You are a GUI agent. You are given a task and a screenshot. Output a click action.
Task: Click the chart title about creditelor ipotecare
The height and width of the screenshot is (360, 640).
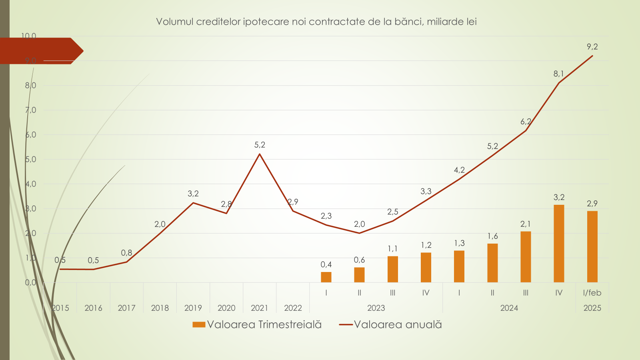click(x=316, y=22)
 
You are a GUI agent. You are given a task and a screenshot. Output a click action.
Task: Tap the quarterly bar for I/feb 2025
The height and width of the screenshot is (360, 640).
click(x=592, y=246)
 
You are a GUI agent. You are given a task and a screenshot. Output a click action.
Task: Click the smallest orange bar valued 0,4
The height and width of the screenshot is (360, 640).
click(x=326, y=277)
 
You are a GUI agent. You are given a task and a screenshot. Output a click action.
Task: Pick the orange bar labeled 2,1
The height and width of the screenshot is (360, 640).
click(x=526, y=257)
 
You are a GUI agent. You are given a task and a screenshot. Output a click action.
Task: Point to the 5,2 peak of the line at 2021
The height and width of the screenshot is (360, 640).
click(x=260, y=154)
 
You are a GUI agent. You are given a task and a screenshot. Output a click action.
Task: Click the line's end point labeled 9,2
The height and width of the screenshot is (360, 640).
click(x=592, y=56)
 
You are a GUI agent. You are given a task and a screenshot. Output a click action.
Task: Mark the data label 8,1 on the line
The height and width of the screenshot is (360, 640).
click(x=559, y=74)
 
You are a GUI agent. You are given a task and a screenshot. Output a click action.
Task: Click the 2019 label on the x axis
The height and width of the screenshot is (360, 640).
click(x=193, y=308)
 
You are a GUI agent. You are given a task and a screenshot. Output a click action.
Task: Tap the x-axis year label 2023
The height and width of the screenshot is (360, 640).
click(x=376, y=308)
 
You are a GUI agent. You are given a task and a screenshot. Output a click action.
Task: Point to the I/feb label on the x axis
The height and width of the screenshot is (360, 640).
click(x=592, y=293)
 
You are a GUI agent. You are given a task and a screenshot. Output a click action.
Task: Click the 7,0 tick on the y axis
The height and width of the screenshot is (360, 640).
click(x=31, y=110)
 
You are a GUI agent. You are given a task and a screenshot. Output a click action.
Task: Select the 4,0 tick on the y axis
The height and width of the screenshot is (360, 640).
click(x=31, y=184)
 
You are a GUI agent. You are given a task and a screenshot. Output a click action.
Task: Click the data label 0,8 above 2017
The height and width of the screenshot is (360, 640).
click(x=126, y=253)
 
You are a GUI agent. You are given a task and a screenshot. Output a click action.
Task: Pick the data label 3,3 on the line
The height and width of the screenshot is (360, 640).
click(x=426, y=191)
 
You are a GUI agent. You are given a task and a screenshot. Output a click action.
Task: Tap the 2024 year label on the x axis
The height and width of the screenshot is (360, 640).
click(x=509, y=308)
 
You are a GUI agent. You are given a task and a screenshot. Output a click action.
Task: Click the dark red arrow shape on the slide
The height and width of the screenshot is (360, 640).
click(x=40, y=51)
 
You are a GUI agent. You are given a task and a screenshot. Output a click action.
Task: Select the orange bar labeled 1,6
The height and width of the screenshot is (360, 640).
click(x=492, y=263)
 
